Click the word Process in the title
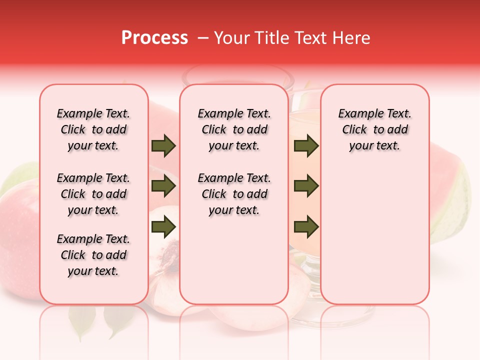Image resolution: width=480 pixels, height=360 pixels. coord(154,38)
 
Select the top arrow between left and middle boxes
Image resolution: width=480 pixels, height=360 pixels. coord(163,146)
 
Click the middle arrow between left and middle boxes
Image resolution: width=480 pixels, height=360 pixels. coord(163,186)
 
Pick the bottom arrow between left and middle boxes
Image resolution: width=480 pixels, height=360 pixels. coord(163,227)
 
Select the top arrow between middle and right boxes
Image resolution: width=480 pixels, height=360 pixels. coord(306,146)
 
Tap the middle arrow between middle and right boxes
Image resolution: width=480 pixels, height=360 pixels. coord(306,186)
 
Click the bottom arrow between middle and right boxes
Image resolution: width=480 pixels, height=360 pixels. coord(306,227)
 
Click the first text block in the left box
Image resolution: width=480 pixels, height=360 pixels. coord(93,129)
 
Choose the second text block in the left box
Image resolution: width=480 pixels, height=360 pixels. coord(93,194)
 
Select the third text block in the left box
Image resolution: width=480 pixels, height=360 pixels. coord(93,255)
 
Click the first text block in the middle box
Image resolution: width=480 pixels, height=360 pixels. coord(234,129)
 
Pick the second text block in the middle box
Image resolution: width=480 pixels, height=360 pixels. coord(234,194)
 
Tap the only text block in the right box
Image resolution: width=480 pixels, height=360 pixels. coord(375,129)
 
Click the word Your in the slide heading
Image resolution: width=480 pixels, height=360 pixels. coord(231,38)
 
